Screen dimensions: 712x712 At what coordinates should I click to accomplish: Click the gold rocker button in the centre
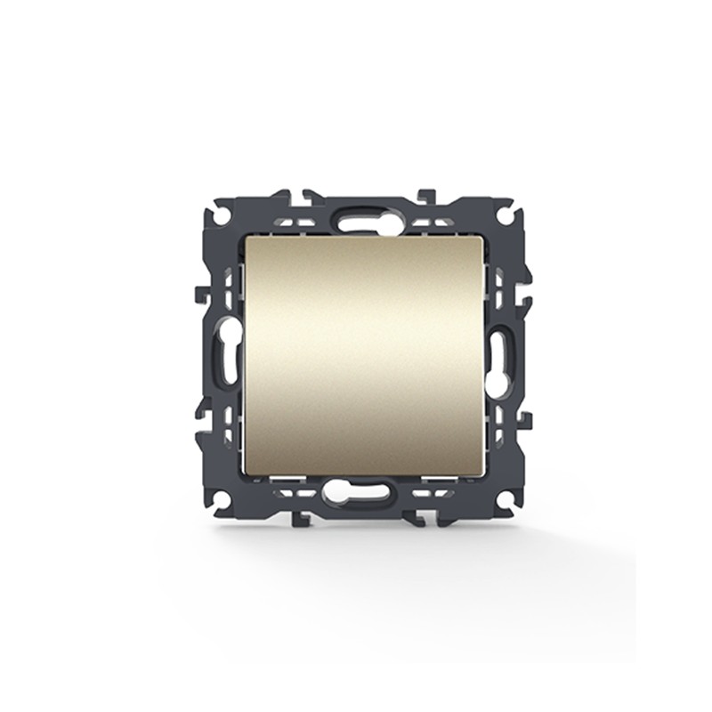tap(363, 356)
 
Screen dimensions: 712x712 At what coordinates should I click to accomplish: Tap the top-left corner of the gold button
tap(246, 239)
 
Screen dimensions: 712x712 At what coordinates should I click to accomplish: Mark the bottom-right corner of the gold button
tap(482, 474)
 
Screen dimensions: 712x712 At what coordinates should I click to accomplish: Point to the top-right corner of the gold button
tap(482, 239)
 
